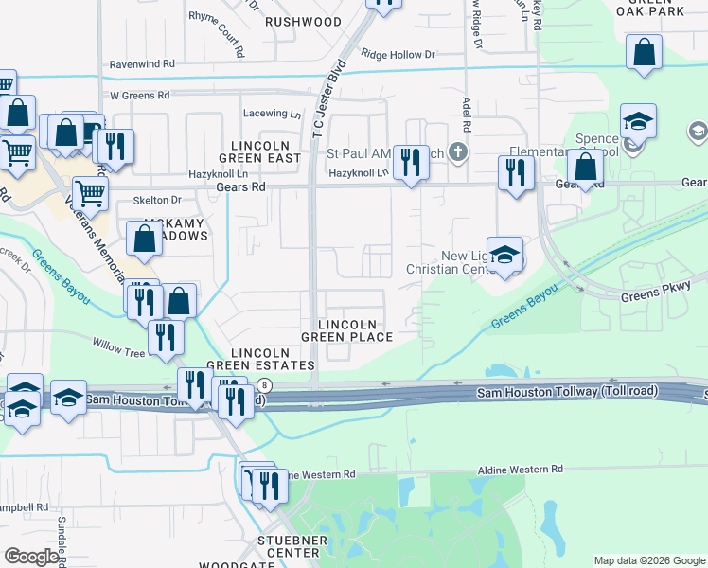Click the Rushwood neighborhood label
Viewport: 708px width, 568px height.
pos(302,21)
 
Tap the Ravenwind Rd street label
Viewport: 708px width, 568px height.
pos(142,63)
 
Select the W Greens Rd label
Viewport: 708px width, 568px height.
pos(139,96)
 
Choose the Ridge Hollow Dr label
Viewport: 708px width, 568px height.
pos(398,55)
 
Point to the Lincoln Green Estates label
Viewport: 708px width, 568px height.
pos(259,359)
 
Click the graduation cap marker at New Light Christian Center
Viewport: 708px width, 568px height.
pos(504,254)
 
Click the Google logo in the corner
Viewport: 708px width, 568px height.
pos(31,557)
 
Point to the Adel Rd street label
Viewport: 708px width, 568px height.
pos(466,115)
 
